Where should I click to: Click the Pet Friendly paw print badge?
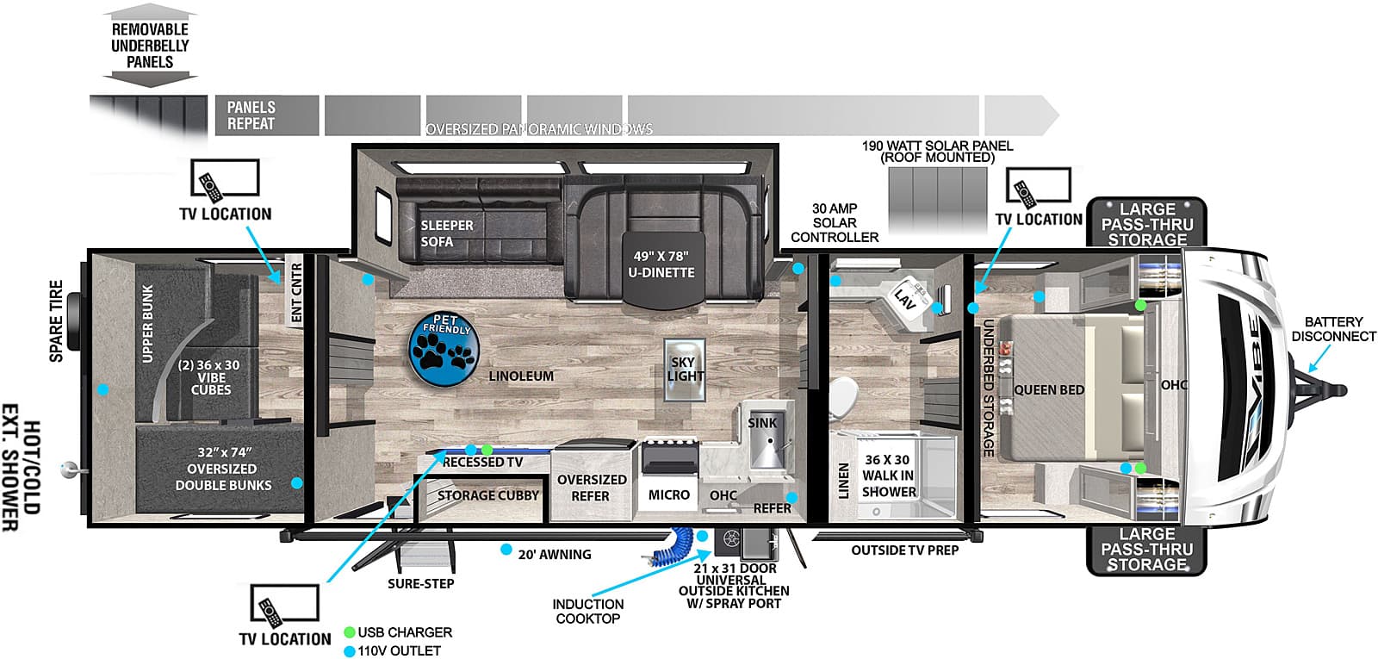point(443,350)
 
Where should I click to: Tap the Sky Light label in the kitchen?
point(684,370)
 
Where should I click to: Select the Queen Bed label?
point(1049,389)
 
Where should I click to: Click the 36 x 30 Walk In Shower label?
point(888,476)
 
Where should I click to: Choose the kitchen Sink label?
point(762,423)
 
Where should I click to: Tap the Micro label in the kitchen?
point(668,494)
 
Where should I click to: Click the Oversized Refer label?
point(591,488)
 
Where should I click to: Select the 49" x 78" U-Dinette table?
point(662,269)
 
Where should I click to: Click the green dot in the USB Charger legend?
point(350,632)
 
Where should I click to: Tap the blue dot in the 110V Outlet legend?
point(350,651)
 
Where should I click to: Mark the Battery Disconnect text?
point(1333,329)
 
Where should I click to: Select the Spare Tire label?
point(57,320)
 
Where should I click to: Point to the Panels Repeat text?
point(251,115)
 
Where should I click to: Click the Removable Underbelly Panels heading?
point(150,46)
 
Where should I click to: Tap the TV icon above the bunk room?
point(225,179)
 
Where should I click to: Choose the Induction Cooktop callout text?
point(587,611)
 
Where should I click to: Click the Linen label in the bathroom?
point(843,481)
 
